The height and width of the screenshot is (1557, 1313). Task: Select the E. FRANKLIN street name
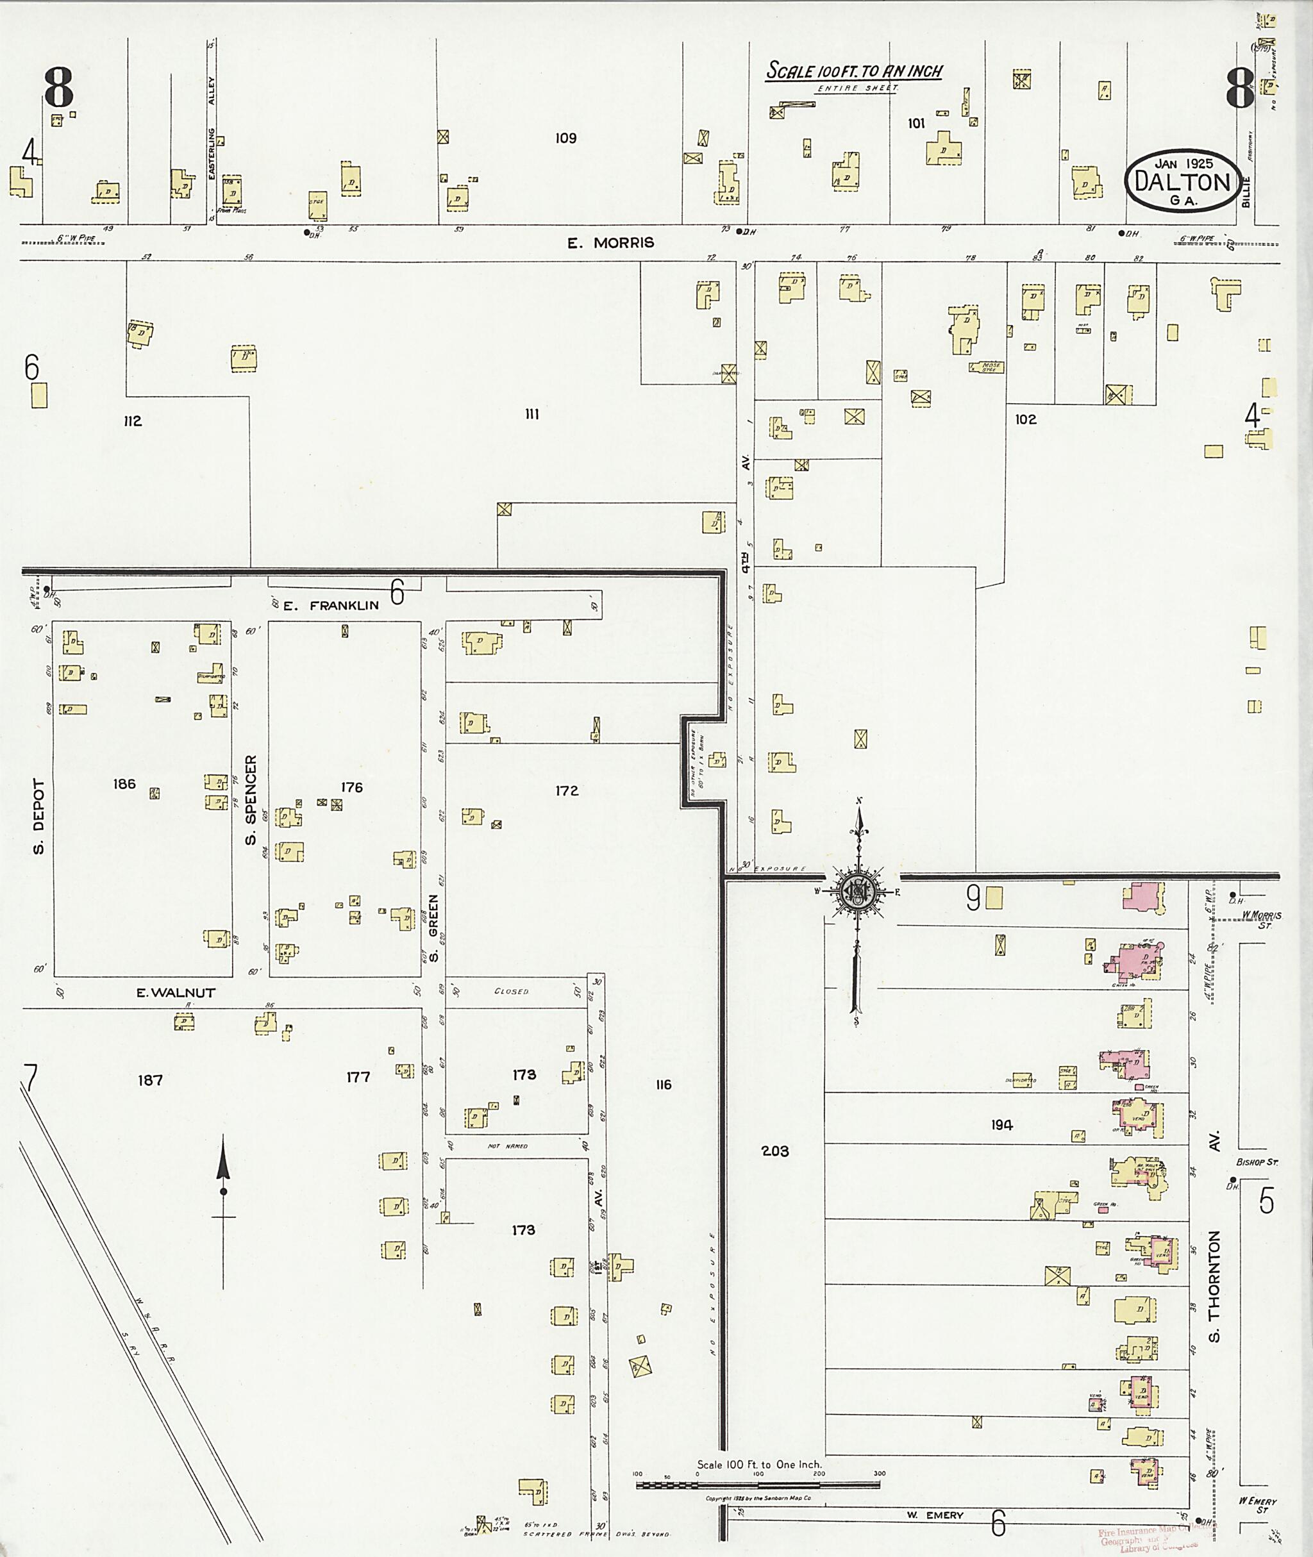point(333,605)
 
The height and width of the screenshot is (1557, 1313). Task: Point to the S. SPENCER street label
point(251,800)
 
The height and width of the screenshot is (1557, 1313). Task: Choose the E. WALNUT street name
point(176,992)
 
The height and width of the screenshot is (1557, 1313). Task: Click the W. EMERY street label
point(934,1515)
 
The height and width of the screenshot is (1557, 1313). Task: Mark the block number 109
point(565,138)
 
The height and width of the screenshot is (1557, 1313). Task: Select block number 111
point(531,415)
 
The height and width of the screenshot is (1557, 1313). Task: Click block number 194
point(1002,1124)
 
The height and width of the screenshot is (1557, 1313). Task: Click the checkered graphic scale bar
point(758,1485)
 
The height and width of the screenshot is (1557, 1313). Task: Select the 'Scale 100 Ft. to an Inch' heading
point(855,71)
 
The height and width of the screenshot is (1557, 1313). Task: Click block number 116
point(663,1085)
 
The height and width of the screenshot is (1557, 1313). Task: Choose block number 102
point(1025,419)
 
